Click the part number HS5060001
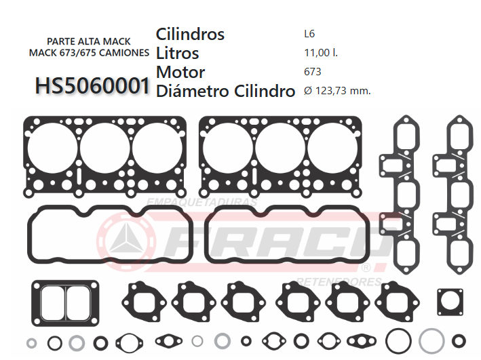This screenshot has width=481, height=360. (x=92, y=85)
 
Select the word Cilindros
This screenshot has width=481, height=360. (x=190, y=34)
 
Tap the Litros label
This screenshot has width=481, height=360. (x=178, y=53)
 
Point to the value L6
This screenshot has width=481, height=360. (x=309, y=33)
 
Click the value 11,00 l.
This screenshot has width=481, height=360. (x=321, y=52)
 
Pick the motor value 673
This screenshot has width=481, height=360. (x=313, y=71)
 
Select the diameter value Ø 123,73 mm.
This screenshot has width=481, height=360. (x=337, y=91)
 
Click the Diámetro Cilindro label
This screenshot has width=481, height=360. (x=225, y=91)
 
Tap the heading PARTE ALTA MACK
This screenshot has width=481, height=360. (x=88, y=41)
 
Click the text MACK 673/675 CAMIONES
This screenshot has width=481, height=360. (x=88, y=52)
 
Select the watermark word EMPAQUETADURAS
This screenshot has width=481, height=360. (x=201, y=202)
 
